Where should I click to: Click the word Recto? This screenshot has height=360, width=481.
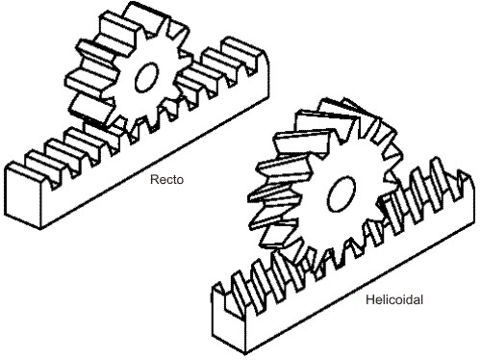[x=166, y=179]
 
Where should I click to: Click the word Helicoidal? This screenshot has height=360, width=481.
[x=394, y=299]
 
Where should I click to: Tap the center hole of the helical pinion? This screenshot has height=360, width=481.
[x=342, y=193]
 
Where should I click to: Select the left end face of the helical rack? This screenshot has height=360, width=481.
[x=228, y=318]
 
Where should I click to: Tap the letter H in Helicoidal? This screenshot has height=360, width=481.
[x=369, y=299]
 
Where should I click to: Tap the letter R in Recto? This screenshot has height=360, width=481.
[x=154, y=179]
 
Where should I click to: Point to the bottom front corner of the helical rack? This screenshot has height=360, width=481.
[x=245, y=353]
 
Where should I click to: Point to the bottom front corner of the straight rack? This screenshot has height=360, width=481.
[x=40, y=228]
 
